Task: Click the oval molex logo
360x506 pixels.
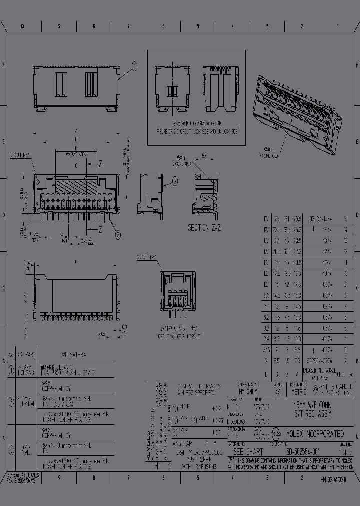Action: [276, 434]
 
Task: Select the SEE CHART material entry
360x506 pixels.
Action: [248, 451]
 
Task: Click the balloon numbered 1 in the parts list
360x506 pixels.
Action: [11, 370]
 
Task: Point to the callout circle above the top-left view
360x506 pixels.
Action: [133, 65]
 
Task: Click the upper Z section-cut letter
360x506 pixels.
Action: [100, 163]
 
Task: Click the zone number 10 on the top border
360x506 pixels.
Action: [22, 26]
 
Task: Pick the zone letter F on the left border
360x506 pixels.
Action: [4, 65]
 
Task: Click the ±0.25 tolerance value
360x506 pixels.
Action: [216, 421]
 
